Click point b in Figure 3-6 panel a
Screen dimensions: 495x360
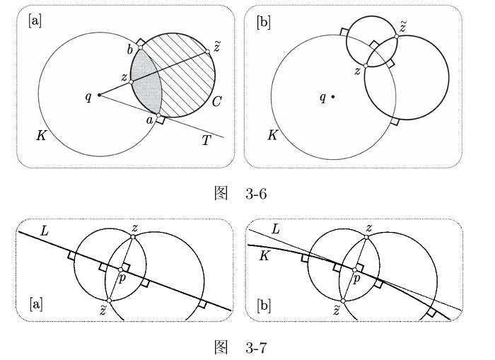point(141,47)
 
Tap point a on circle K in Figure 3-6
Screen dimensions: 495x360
point(158,115)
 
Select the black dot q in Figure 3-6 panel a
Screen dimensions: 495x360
point(99,95)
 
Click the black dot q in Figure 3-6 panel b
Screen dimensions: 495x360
point(333,97)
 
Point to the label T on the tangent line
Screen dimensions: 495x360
point(206,140)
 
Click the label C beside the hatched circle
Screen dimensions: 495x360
point(216,102)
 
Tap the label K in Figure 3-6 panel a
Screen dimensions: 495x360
point(41,136)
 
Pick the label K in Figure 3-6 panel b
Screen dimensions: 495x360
point(273,136)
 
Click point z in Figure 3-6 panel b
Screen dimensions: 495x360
point(366,66)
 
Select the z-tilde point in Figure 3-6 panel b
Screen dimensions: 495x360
point(396,37)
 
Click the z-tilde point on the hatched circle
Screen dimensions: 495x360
point(207,52)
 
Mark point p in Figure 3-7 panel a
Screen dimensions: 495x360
point(120,269)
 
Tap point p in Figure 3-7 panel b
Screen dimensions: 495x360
point(354,269)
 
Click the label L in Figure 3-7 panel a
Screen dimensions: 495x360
point(45,231)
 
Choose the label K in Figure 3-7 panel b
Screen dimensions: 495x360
point(264,256)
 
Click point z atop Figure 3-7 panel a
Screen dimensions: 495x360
point(133,237)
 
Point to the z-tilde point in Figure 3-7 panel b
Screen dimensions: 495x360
point(343,301)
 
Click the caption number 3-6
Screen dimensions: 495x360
point(256,194)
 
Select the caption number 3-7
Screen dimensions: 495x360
point(256,347)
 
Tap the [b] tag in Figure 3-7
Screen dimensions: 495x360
point(264,305)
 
